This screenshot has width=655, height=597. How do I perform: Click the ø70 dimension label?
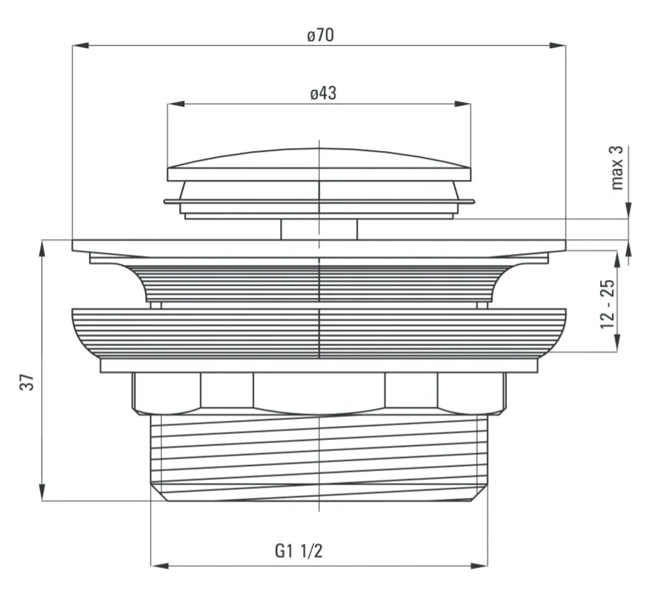(x=320, y=35)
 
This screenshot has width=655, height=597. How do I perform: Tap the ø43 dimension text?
(x=323, y=93)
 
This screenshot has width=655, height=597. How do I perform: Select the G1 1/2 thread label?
(x=299, y=551)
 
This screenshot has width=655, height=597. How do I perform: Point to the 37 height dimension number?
(x=27, y=382)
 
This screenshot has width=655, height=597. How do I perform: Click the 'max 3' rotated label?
(x=616, y=168)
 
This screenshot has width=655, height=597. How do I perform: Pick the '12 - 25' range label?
(x=608, y=304)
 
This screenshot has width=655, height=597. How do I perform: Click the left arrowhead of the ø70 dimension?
(x=80, y=45)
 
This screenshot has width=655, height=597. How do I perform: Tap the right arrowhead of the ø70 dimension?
(x=558, y=45)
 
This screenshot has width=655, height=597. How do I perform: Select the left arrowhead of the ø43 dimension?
(x=176, y=104)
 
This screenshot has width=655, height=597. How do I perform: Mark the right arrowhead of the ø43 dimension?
(x=462, y=104)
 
